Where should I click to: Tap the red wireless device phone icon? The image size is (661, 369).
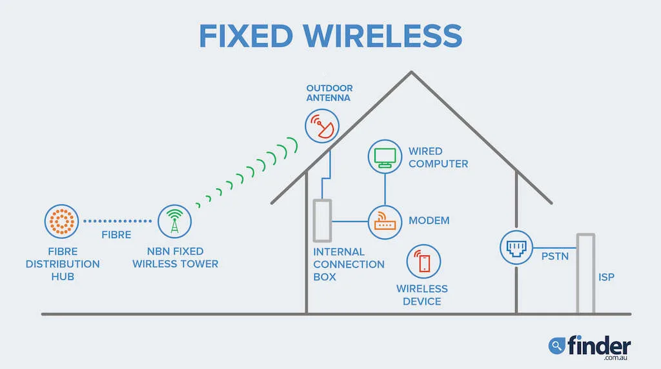pyautogui.click(x=423, y=261)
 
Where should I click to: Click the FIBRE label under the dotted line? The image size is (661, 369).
pyautogui.click(x=116, y=235)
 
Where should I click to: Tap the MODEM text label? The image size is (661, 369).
pyautogui.click(x=429, y=221)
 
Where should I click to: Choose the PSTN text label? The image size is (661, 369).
pyautogui.click(x=554, y=257)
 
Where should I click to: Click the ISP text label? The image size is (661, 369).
pyautogui.click(x=606, y=277)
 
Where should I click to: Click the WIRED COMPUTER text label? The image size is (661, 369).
pyautogui.click(x=438, y=157)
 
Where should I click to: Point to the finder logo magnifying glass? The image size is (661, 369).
pyautogui.click(x=556, y=346)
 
